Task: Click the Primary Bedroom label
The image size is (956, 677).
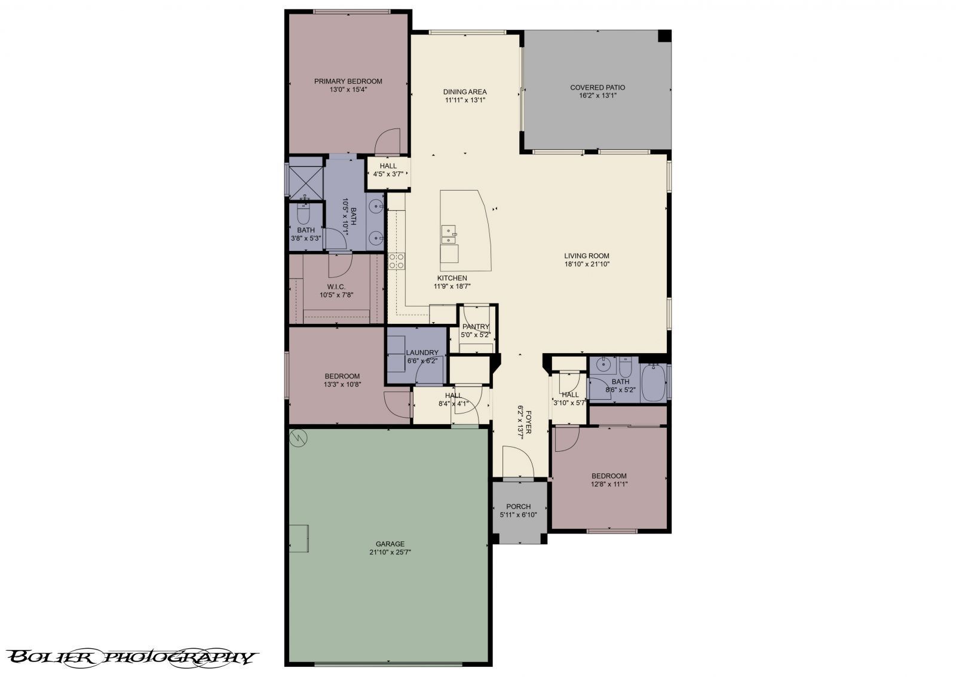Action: coord(348,81)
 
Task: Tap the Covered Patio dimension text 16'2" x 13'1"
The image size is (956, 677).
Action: coord(597,96)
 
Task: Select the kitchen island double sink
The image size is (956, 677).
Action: coord(448,234)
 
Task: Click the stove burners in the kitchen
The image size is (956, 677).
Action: coord(396,260)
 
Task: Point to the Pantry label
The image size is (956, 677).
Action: coord(476,327)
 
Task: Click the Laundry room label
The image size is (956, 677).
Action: coord(422,353)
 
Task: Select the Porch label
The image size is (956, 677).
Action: coord(518,507)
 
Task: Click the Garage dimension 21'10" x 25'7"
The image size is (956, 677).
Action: coord(390,553)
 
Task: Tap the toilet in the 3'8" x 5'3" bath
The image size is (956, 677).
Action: coord(303,213)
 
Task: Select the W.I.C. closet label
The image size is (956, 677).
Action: coord(336,287)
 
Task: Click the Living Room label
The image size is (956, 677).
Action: coord(586,256)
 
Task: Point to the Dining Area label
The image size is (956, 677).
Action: coord(465,92)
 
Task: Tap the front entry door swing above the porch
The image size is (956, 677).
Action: coord(517,462)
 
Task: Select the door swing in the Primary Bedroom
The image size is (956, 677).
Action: coord(387,142)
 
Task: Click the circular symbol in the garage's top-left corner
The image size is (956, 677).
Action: coord(298,439)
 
